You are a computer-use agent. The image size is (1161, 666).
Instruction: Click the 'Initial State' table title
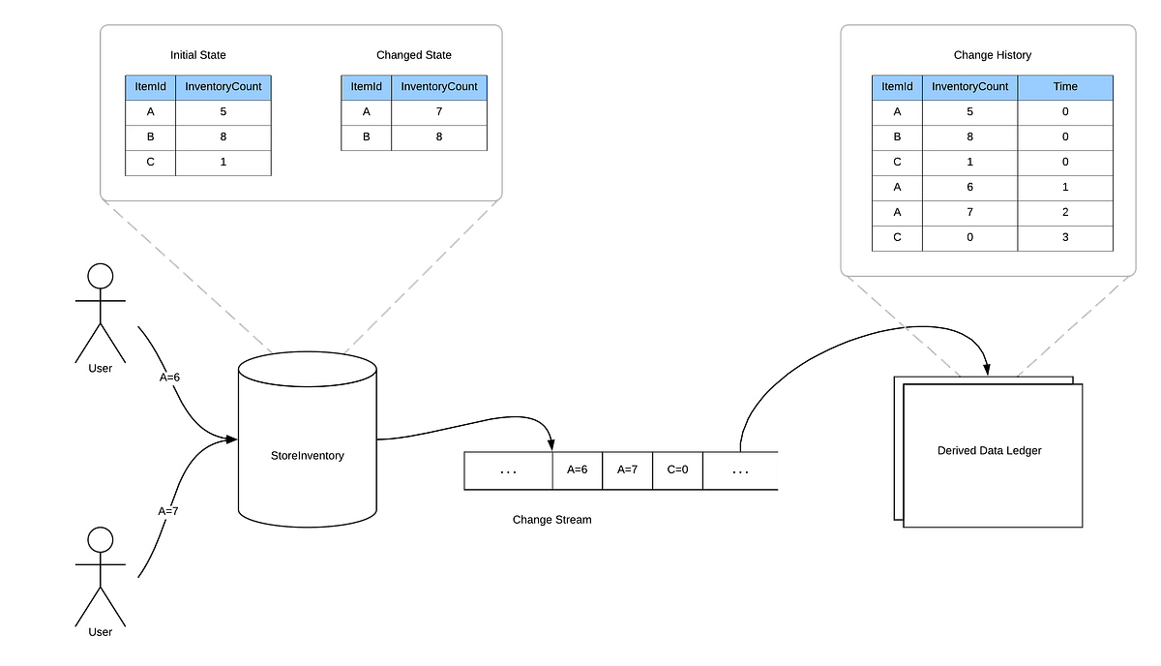click(x=197, y=55)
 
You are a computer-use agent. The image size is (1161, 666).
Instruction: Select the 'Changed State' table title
click(x=413, y=55)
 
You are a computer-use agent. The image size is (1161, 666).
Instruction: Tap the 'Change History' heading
click(x=992, y=55)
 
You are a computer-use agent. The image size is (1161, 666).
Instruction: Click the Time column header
click(x=1065, y=86)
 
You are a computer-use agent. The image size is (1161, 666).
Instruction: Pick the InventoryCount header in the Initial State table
click(x=223, y=86)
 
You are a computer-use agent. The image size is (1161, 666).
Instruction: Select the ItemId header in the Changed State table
click(x=366, y=86)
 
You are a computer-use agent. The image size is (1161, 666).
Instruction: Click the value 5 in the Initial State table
click(x=223, y=111)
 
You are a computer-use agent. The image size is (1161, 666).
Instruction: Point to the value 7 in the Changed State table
click(x=439, y=111)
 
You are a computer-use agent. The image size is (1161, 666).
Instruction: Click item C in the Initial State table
click(x=150, y=162)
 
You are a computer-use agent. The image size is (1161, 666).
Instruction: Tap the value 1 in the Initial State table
click(x=223, y=162)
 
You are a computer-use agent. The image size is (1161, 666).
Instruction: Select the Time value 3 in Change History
click(x=1065, y=237)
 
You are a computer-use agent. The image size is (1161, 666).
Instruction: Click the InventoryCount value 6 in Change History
click(x=969, y=187)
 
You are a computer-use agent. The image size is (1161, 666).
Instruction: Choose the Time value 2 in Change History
click(x=1065, y=212)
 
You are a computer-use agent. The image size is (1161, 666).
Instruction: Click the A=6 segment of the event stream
click(x=577, y=470)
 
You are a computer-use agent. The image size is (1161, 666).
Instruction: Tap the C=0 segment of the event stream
click(x=677, y=470)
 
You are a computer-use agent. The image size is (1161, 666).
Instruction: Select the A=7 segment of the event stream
click(x=627, y=470)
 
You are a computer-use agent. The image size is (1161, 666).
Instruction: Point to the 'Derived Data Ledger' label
click(x=989, y=450)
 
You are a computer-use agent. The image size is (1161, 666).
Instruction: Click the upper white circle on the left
click(x=101, y=277)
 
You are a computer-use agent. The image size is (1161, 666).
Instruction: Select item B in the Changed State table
click(x=366, y=136)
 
